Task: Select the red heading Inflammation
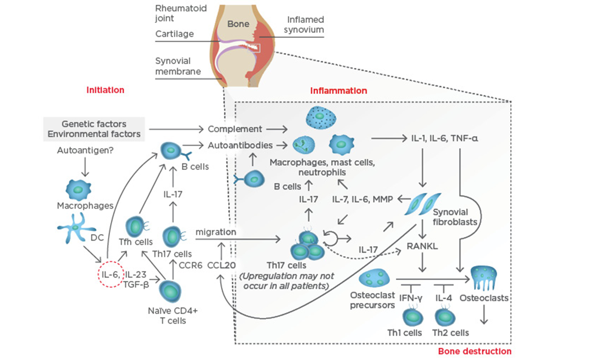(x=338, y=90)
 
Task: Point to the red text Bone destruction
(x=475, y=351)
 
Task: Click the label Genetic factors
(x=94, y=124)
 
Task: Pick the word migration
(x=215, y=232)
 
